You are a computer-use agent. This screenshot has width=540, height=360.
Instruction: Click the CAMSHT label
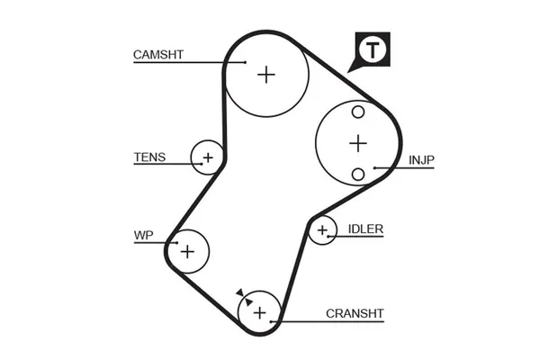(x=158, y=54)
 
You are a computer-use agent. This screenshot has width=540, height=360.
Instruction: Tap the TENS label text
(x=149, y=157)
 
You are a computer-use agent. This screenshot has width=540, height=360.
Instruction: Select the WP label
(x=143, y=236)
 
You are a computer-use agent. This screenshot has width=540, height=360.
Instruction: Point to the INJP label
(x=422, y=161)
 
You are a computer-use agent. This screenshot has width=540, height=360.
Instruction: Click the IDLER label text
(x=365, y=229)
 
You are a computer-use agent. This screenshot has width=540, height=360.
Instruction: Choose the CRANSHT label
(x=355, y=313)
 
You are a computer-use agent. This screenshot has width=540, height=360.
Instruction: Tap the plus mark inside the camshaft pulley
(x=265, y=74)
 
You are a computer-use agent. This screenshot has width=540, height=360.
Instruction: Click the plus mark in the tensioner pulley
(x=208, y=158)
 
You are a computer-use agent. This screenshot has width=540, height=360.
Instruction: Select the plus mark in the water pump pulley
(x=187, y=250)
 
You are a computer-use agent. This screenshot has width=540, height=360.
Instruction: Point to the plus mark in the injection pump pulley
(x=358, y=142)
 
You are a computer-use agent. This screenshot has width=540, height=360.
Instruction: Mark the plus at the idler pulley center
(x=321, y=232)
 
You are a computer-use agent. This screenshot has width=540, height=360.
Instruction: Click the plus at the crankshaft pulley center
(x=259, y=312)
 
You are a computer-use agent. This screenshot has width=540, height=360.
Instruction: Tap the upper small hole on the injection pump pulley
(x=358, y=112)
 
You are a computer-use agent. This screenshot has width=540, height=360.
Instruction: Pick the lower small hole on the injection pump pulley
(x=358, y=173)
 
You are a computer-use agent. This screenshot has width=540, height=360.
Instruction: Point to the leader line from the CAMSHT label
(x=189, y=62)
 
